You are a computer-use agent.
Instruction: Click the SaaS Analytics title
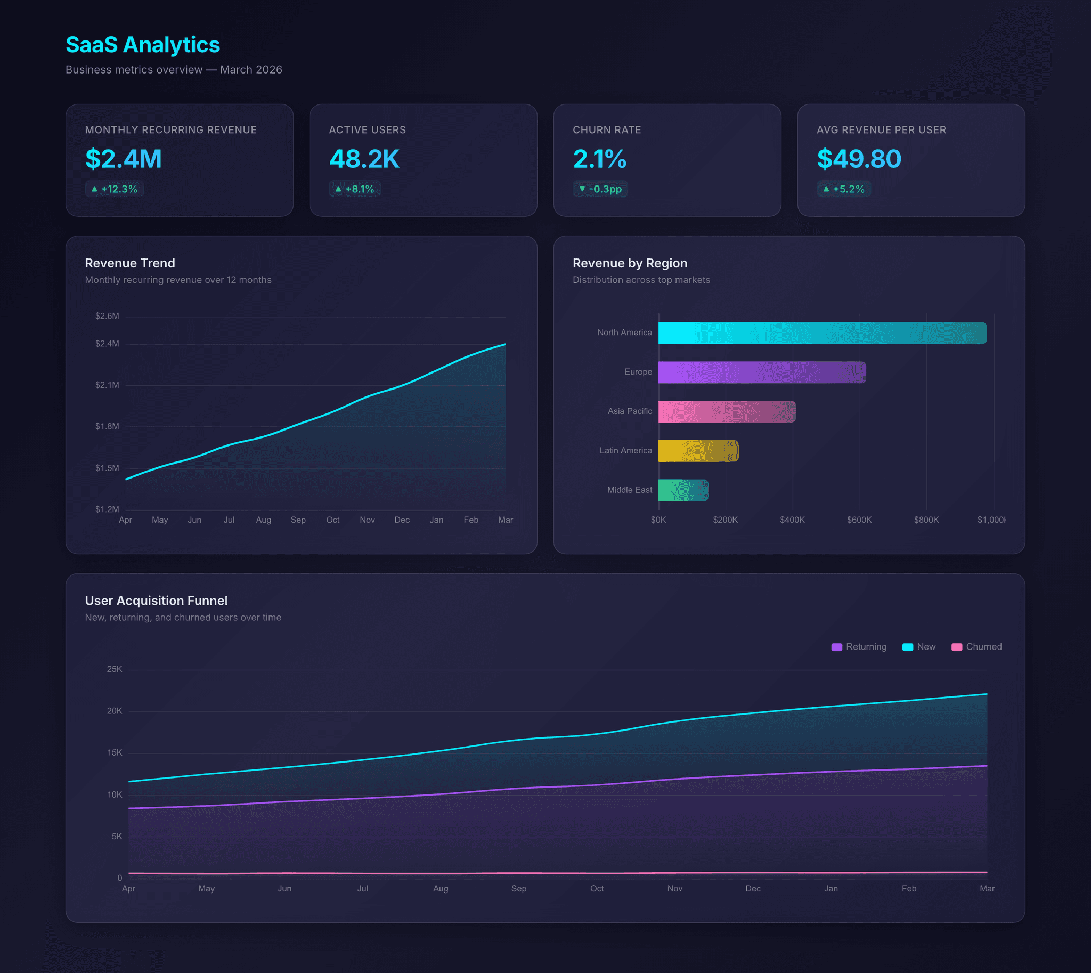click(143, 45)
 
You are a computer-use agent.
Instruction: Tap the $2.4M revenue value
click(124, 159)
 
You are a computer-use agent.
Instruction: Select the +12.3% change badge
click(115, 189)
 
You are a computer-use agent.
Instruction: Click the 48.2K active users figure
click(364, 159)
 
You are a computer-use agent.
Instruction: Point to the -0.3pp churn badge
click(600, 189)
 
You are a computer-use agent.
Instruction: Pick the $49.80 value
click(859, 159)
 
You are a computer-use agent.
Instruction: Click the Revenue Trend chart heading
click(130, 263)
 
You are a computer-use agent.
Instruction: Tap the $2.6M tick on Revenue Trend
click(107, 316)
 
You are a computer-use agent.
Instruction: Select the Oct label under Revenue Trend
click(332, 520)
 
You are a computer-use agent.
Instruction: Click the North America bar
click(822, 333)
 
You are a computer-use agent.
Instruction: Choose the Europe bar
click(762, 372)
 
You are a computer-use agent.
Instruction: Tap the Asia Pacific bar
click(727, 412)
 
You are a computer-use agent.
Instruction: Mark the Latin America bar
click(698, 451)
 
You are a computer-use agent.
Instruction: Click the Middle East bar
click(683, 490)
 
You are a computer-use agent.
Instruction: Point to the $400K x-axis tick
click(792, 520)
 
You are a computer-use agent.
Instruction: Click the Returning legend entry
click(859, 647)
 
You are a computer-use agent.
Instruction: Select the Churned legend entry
click(976, 647)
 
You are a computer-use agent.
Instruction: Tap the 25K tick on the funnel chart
click(115, 669)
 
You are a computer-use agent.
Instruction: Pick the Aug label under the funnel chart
click(441, 888)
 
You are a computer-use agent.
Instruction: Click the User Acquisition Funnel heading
click(156, 601)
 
